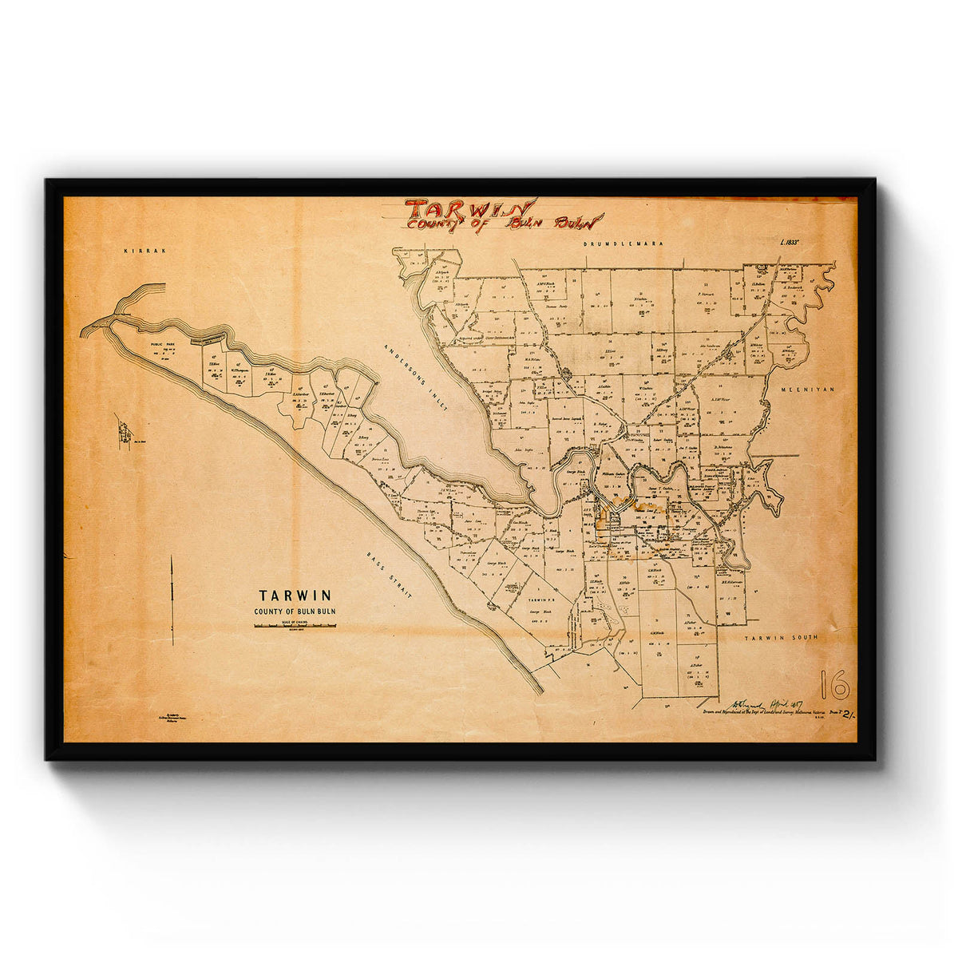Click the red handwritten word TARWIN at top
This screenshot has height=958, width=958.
(x=469, y=209)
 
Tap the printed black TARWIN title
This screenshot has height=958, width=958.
(x=295, y=595)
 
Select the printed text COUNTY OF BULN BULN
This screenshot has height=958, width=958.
(x=295, y=612)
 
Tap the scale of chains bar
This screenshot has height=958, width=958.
(x=295, y=626)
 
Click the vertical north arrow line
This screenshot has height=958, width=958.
(x=172, y=599)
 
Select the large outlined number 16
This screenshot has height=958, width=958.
(x=834, y=684)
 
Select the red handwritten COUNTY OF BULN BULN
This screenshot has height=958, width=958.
(x=503, y=223)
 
